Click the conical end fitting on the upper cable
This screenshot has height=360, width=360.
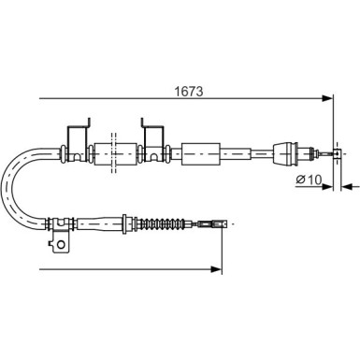coord(284,151)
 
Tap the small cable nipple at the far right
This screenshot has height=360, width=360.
coord(328,151)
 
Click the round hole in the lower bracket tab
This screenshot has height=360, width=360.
coord(62,246)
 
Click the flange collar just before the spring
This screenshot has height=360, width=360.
coord(129,224)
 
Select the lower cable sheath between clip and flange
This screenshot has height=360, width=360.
coord(98,224)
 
